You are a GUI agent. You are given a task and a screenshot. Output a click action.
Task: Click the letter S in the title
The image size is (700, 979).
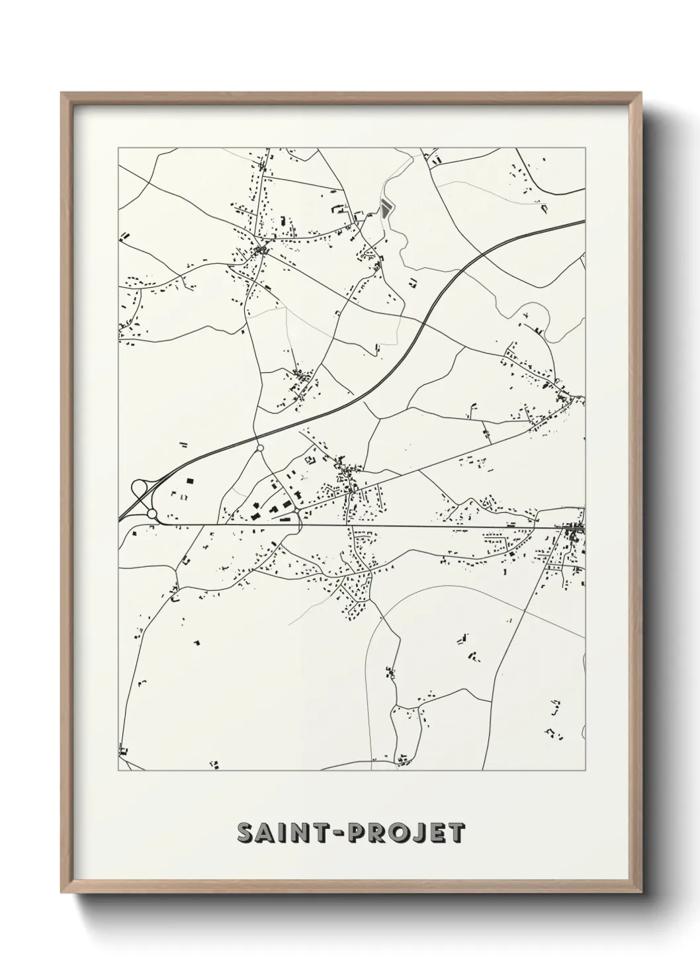245,833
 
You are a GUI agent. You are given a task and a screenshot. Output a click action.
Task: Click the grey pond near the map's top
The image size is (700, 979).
385,210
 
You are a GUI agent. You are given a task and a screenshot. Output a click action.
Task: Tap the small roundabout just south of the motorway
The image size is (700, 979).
259,448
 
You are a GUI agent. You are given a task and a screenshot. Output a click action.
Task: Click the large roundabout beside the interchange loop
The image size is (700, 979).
152,514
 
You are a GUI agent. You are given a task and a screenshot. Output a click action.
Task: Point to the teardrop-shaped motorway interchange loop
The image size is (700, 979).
140,489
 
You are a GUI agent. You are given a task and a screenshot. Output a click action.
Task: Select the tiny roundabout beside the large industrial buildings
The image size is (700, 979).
301,510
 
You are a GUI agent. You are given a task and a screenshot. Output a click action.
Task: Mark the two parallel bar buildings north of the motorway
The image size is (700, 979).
183,445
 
